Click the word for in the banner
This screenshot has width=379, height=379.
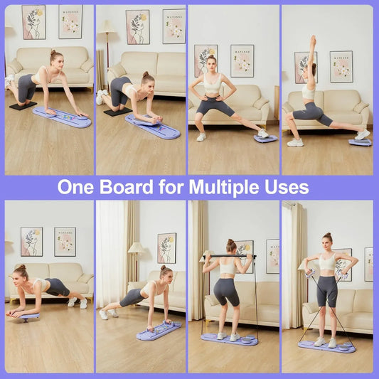(168, 188)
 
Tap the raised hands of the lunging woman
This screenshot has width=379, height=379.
(312, 40)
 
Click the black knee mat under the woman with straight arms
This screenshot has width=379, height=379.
(23, 106)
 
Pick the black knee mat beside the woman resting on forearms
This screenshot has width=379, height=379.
(117, 112)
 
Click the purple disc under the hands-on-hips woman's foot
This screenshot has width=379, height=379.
(265, 138)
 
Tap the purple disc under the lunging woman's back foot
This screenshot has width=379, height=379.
(360, 142)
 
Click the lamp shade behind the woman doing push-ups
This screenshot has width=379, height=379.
(135, 247)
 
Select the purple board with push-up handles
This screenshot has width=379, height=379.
(159, 331)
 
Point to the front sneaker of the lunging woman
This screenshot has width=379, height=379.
(295, 142)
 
